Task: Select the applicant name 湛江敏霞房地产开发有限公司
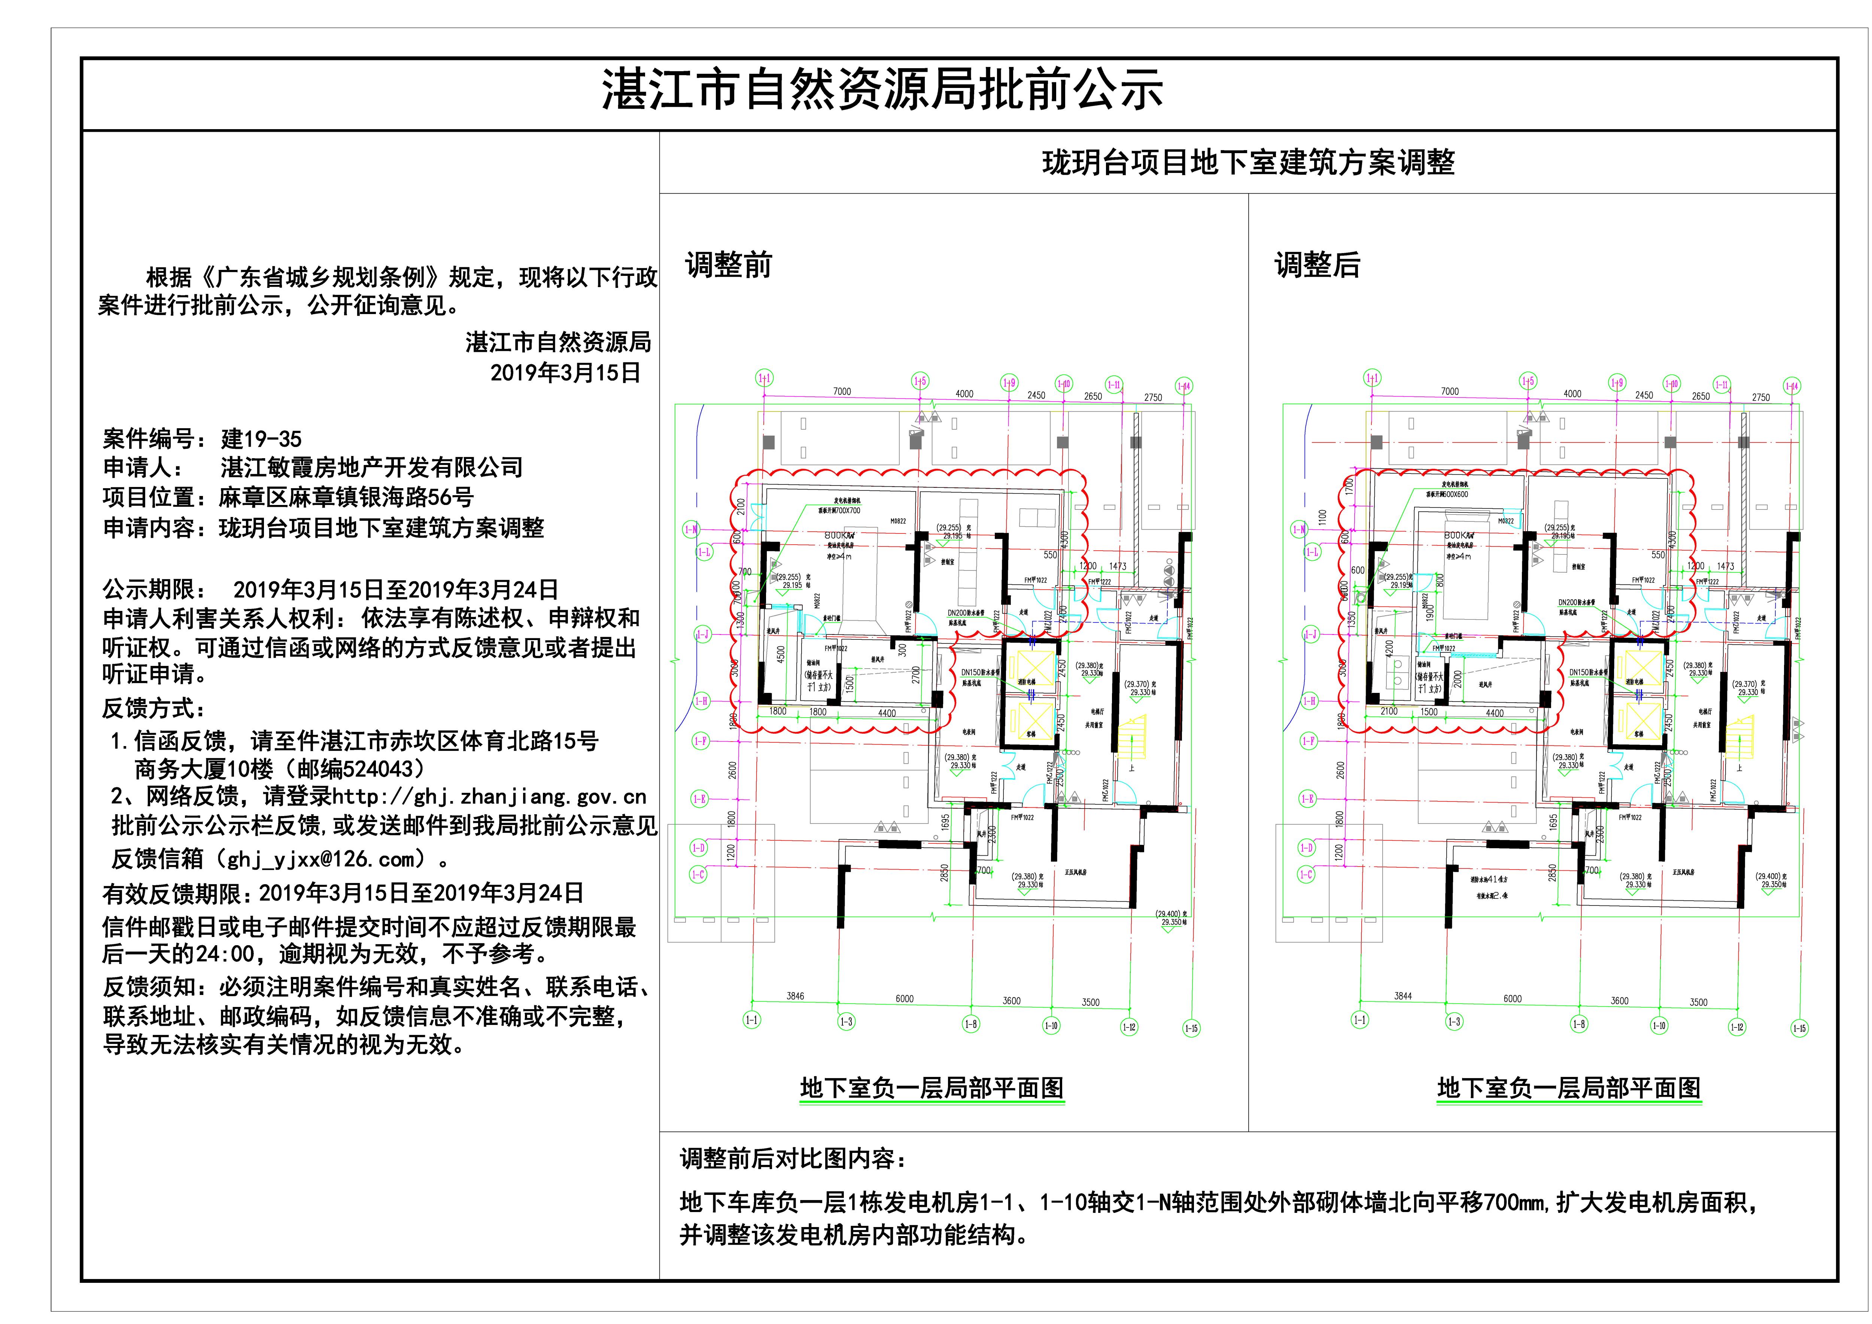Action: pos(371,468)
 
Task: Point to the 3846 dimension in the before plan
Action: pos(795,995)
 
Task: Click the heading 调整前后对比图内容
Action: pos(793,1159)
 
